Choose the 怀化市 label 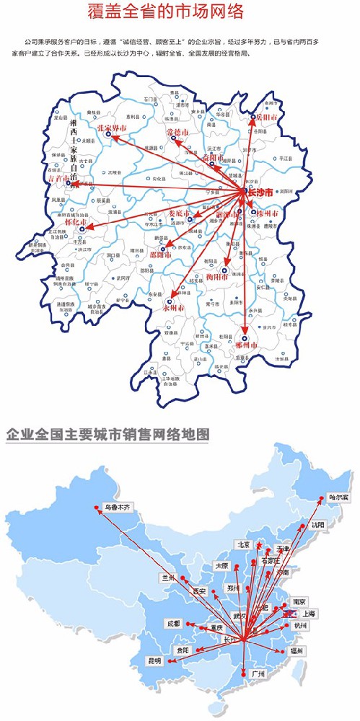point(77,222)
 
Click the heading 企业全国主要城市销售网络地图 point(107,435)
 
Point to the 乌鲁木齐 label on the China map point(118,507)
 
